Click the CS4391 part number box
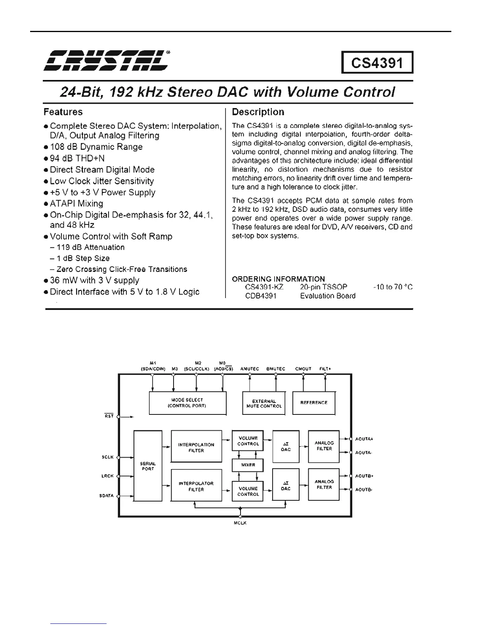(377, 63)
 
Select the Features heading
(63, 112)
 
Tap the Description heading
(258, 112)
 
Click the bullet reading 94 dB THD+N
(77, 158)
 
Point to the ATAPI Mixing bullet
(76, 203)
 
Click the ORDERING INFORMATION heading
(278, 279)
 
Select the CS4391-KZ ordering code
(264, 287)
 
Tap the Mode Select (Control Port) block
(187, 403)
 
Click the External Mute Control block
(264, 403)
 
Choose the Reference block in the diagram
(314, 403)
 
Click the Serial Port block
(148, 466)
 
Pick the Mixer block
(248, 465)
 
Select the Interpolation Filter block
(196, 447)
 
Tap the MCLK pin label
(240, 523)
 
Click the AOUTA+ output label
(364, 439)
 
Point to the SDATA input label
(107, 496)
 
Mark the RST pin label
(109, 416)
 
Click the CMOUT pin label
(303, 369)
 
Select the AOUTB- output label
(363, 490)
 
